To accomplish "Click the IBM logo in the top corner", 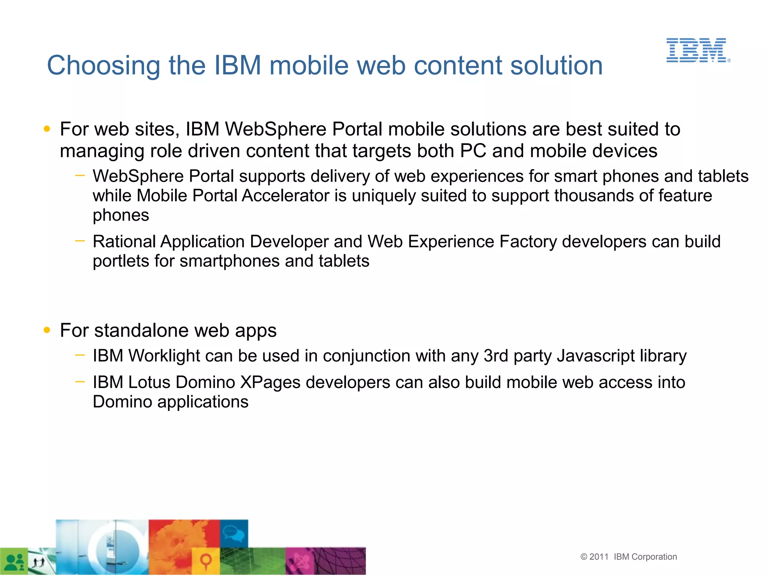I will coord(697,50).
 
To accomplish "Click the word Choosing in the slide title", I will coord(103,66).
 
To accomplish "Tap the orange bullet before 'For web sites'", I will coord(47,129).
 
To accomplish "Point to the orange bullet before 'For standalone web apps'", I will coord(47,330).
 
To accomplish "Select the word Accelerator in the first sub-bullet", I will coord(285,196).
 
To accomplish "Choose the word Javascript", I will coord(595,356).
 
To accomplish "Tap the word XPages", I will coord(270,383).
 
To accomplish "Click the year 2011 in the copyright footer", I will coord(598,557).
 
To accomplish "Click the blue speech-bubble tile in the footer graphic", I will coord(234,533).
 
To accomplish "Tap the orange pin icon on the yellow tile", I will coord(205,561).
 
